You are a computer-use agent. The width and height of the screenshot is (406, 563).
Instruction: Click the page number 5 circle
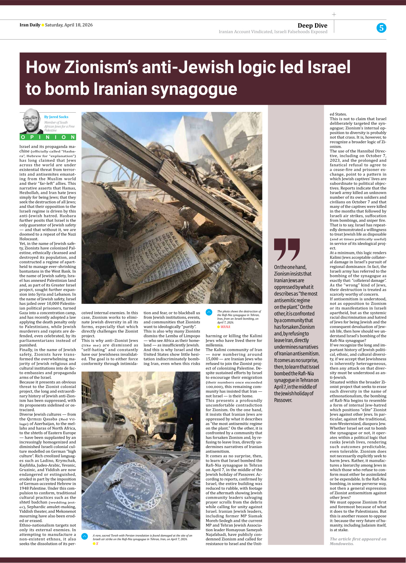coord(381,28)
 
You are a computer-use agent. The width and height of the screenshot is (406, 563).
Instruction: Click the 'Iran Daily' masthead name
coord(30,25)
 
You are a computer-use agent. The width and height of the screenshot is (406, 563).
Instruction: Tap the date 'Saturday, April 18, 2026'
coord(69,25)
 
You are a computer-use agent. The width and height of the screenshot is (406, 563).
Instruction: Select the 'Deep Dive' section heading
coord(312,25)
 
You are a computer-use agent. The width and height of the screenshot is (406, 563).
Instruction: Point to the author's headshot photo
coord(32,121)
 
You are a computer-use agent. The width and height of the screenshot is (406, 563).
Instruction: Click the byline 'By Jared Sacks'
coord(56,117)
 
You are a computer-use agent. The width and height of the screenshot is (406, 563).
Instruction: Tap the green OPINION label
coord(48,137)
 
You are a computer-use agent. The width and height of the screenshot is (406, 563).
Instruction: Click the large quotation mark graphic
coord(287,249)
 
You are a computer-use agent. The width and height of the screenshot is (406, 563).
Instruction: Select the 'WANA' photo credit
coord(225,327)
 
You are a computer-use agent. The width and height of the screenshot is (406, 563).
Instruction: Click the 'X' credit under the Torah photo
coord(97,544)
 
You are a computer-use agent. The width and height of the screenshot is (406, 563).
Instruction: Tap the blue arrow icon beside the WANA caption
coord(209,312)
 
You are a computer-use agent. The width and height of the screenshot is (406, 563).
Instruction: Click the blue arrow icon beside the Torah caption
coord(85,536)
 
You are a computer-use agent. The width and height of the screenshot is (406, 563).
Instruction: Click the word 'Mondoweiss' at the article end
coord(341,544)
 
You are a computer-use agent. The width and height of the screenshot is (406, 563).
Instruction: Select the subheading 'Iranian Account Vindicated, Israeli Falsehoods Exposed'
coord(273,32)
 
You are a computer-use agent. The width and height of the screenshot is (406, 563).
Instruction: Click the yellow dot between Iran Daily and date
coord(43,25)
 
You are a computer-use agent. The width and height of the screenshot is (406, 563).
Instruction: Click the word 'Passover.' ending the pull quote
coord(283,400)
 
